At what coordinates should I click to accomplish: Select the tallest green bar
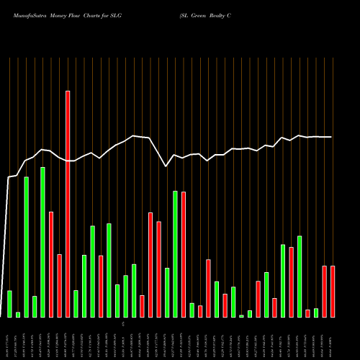tap(42, 242)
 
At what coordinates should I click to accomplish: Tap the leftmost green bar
tap(9, 303)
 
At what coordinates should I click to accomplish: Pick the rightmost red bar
tap(333, 292)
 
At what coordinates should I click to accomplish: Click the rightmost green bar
tap(316, 312)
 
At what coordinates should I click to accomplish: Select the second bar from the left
tap(18, 315)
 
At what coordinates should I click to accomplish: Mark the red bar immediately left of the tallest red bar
tap(59, 285)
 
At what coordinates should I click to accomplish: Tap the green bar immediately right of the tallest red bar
tap(76, 303)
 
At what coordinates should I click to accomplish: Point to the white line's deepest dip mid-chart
tap(166, 166)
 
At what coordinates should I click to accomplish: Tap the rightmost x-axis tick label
tap(333, 345)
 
